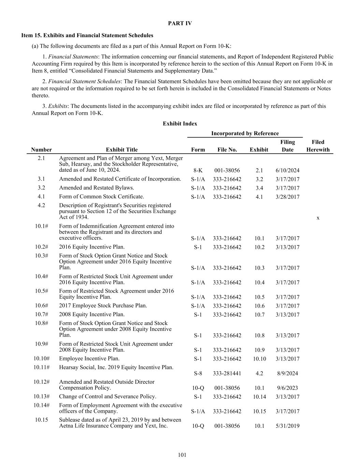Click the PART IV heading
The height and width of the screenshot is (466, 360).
tap(180, 23)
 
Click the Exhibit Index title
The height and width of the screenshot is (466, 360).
tap(180, 124)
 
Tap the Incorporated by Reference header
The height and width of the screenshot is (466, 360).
tap(245, 133)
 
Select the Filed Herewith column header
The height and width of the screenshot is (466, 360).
tap(318, 146)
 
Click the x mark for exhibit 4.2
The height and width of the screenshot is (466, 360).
tap(318, 218)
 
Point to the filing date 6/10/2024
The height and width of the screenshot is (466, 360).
tap(287, 170)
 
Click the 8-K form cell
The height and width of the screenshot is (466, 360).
tap(198, 170)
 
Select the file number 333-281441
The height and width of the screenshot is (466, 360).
tap(227, 373)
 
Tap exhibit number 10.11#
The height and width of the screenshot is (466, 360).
tap(41, 367)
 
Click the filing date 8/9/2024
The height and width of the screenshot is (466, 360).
tap(287, 373)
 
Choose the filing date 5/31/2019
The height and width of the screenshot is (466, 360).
tap(287, 426)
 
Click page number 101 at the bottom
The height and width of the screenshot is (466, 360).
tap(182, 455)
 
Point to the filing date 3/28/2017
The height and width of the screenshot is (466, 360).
tap(287, 197)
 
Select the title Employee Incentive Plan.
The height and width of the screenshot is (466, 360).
tap(89, 358)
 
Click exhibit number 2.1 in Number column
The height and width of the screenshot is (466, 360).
tap(41, 158)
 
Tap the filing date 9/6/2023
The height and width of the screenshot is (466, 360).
tap(287, 388)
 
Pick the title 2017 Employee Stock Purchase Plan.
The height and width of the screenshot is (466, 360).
tap(103, 306)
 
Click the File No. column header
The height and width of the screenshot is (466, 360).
tap(227, 150)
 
